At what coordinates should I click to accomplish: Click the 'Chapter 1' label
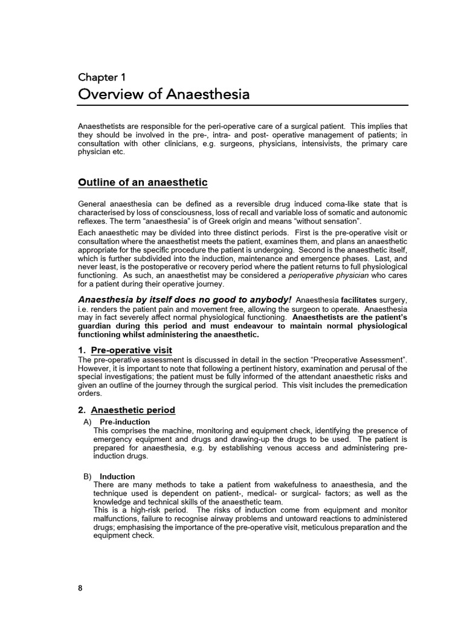[101, 77]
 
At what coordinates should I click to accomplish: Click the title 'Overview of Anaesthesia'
[164, 95]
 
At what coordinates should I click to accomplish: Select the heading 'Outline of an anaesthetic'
[143, 183]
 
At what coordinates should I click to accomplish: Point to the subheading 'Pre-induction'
[124, 421]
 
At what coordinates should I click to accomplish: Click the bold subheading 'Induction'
[117, 476]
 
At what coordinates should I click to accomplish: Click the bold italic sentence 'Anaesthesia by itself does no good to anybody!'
[185, 300]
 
